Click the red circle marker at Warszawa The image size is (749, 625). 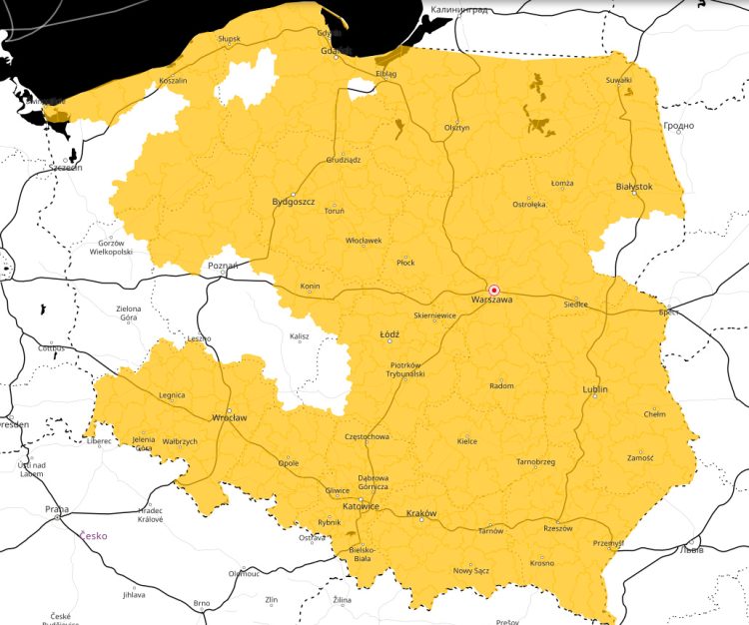pos(493,290)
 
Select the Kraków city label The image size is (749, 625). pos(421,513)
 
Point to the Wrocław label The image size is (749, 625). pos(229,417)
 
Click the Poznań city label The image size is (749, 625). pos(223,266)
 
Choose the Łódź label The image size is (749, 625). pos(389,334)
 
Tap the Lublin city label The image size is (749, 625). pos(594,388)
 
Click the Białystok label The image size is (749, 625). pos(634,187)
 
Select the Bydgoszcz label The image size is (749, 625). pos(294,202)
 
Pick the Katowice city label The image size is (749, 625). pos(361,506)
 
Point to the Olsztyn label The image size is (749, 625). pos(456,128)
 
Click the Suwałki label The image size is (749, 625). pos(619,80)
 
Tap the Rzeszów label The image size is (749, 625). pos(558,528)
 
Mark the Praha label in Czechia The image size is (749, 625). pos(56,509)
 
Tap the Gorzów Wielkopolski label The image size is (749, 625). pos(110,248)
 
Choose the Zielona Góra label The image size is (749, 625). pos(129,312)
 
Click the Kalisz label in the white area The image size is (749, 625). pos(300,337)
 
